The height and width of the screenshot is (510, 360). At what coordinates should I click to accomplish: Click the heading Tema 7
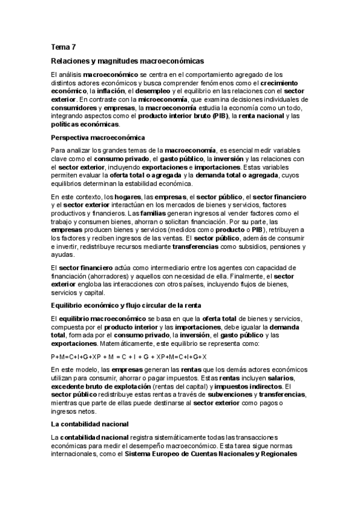[64, 46]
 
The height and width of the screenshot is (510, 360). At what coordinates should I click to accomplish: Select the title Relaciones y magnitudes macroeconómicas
[127, 61]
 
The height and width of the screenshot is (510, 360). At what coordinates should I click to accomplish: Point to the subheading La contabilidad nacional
[91, 424]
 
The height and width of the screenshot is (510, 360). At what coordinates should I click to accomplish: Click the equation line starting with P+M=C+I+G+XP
[129, 357]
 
